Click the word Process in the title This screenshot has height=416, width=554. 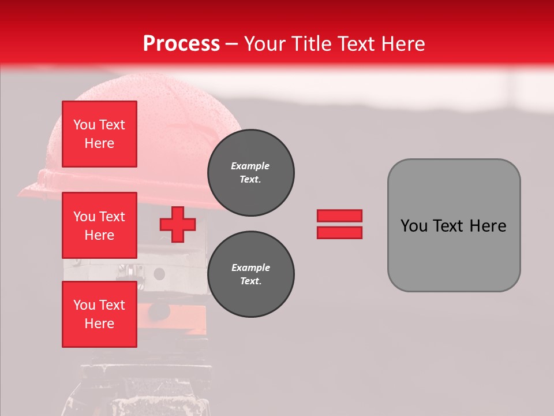(x=181, y=44)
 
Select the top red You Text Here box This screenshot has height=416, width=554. (x=99, y=134)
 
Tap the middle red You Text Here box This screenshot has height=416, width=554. (x=99, y=225)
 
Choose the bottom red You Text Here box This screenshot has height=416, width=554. (x=99, y=314)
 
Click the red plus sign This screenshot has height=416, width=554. (x=178, y=224)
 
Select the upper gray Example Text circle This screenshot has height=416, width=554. (x=250, y=173)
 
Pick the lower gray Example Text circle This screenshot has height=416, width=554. (x=250, y=274)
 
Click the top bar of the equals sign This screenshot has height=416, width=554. (x=339, y=216)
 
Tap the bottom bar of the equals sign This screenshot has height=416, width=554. (x=339, y=233)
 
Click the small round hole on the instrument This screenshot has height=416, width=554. (x=159, y=273)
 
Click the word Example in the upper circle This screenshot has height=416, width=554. (x=250, y=166)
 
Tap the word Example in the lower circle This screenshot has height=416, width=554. (x=250, y=268)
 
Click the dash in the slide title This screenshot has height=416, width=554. (x=232, y=44)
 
